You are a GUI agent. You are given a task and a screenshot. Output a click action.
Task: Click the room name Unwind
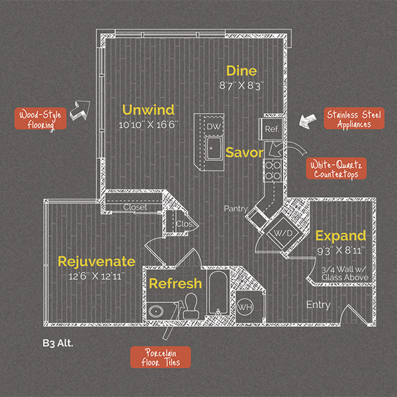pyautogui.click(x=147, y=109)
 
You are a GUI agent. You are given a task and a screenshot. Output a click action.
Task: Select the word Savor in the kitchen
pyautogui.click(x=244, y=152)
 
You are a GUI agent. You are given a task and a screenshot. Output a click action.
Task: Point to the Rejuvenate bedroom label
pyautogui.click(x=96, y=261)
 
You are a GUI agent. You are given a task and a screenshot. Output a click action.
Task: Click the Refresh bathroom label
pyautogui.click(x=175, y=284)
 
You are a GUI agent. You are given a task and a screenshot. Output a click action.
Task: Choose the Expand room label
pyautogui.click(x=340, y=236)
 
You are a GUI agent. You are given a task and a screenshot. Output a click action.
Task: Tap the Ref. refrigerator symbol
pyautogui.click(x=272, y=128)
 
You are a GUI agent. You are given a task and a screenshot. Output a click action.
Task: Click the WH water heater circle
pyautogui.click(x=244, y=306)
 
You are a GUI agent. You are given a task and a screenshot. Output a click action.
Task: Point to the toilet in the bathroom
pyautogui.click(x=191, y=304)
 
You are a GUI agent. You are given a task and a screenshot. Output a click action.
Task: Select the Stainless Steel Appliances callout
pyautogui.click(x=353, y=119)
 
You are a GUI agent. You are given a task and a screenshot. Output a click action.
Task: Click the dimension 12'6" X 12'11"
pyautogui.click(x=96, y=274)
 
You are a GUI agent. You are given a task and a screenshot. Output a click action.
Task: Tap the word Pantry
pyautogui.click(x=235, y=208)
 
